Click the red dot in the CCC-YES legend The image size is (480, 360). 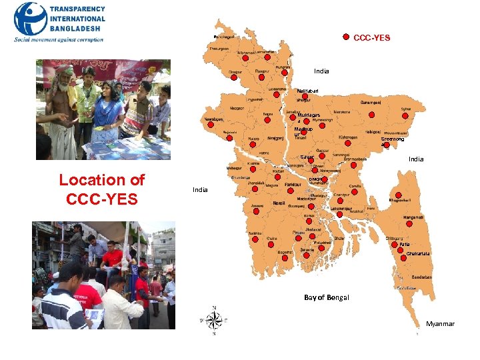click(346, 37)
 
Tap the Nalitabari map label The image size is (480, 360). click(307, 90)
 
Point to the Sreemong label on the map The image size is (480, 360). click(392, 139)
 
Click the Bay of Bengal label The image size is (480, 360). click(326, 297)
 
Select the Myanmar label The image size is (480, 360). click(440, 324)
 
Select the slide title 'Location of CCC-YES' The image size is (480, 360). click(101, 189)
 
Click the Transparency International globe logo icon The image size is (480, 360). click(30, 19)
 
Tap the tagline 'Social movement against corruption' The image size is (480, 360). click(59, 40)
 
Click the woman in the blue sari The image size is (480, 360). click(107, 107)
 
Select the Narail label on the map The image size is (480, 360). click(279, 203)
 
